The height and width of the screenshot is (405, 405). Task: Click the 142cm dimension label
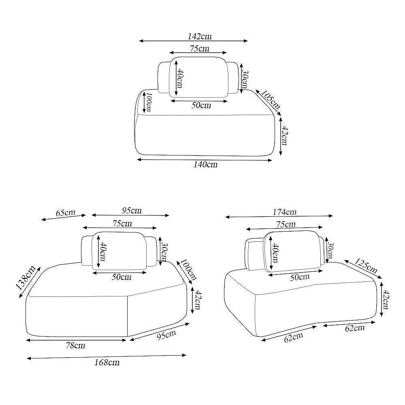tap(199, 36)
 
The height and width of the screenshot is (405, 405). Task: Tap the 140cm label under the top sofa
tap(206, 164)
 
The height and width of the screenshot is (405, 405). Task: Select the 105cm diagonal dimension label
tap(271, 100)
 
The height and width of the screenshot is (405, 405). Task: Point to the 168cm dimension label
tap(107, 362)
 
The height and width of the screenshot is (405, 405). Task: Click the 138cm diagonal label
tap(26, 278)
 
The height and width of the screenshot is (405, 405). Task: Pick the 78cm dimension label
tap(75, 345)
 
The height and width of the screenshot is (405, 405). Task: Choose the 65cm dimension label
tap(66, 213)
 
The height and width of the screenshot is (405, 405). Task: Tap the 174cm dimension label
tap(284, 212)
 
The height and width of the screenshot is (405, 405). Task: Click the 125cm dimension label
tap(366, 266)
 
